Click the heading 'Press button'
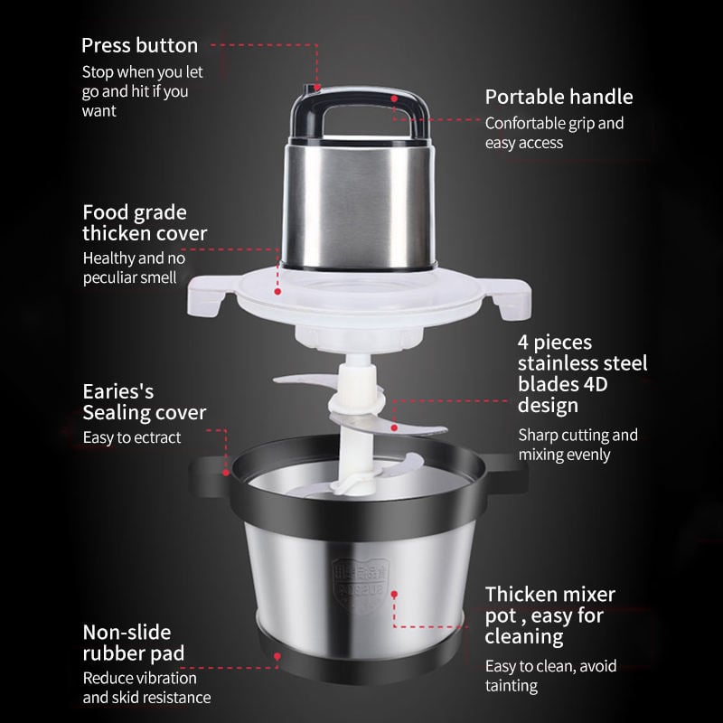point(140,46)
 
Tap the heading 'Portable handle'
point(559,98)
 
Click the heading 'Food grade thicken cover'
point(145,222)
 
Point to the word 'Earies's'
point(118,391)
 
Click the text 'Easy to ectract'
point(132,437)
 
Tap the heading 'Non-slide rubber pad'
point(134,643)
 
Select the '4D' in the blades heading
point(595,384)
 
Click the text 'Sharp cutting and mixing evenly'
point(578,445)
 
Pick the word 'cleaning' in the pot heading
point(524,637)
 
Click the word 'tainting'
point(512,686)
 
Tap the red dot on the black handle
point(394,99)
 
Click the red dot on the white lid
point(277,291)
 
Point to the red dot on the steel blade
point(394,427)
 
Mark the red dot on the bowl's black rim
point(226,473)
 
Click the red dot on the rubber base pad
point(277,656)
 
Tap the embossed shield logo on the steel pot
point(361,586)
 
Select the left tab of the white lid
point(207,296)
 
